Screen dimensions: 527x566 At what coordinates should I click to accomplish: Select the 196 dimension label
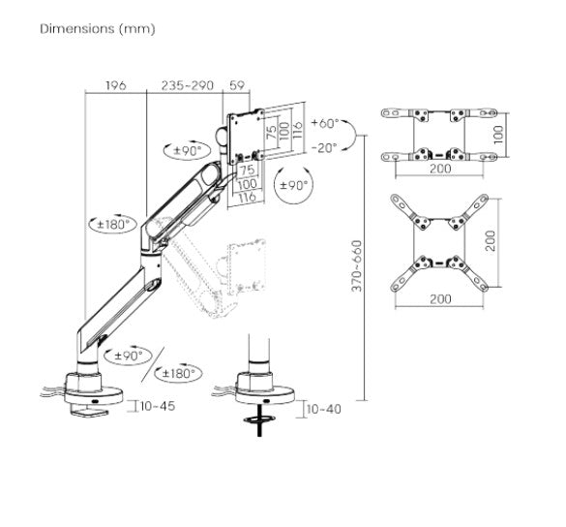tap(115, 86)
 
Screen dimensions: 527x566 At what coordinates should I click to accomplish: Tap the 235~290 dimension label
tap(186, 86)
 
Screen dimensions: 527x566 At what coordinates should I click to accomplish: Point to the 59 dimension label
tap(237, 86)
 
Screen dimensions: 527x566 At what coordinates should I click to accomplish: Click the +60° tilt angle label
tap(326, 124)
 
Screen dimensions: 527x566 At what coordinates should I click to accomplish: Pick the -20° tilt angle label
tap(326, 147)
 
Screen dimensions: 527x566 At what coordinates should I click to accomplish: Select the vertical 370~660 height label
tap(357, 265)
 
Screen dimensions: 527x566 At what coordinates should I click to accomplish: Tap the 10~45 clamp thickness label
tap(157, 406)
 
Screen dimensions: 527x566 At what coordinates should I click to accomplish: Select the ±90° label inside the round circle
tap(294, 185)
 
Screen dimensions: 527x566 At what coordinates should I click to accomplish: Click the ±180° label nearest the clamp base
tap(181, 373)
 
